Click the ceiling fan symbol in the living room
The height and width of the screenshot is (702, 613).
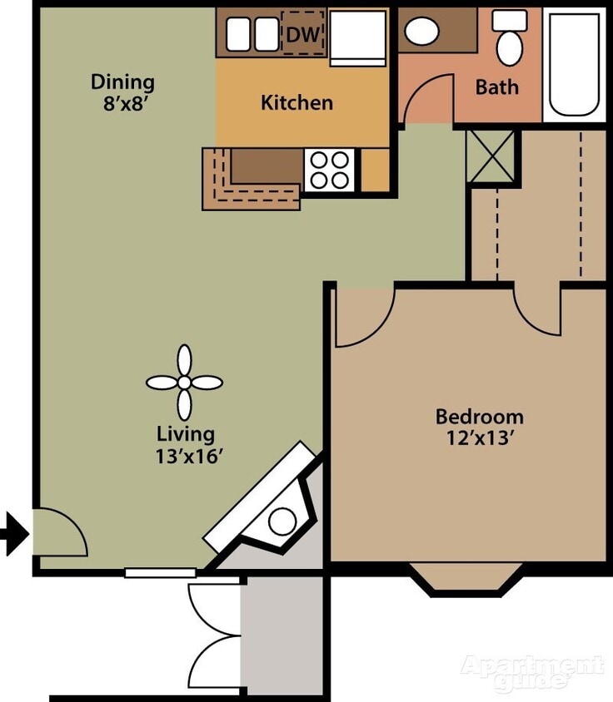coord(184,383)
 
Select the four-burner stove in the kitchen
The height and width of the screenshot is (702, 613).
coord(330,170)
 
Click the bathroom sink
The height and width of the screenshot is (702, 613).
coord(422,32)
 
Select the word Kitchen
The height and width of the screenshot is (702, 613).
coord(297,103)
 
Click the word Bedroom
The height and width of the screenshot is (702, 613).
coord(480,416)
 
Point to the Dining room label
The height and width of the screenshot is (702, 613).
coord(122,82)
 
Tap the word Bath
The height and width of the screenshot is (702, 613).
coord(496,87)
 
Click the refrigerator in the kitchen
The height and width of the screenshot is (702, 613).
coord(358,37)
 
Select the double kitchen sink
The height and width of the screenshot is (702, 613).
coord(252,34)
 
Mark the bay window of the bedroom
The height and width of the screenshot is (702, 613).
coord(466,579)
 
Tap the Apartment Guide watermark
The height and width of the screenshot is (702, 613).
coord(533,672)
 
